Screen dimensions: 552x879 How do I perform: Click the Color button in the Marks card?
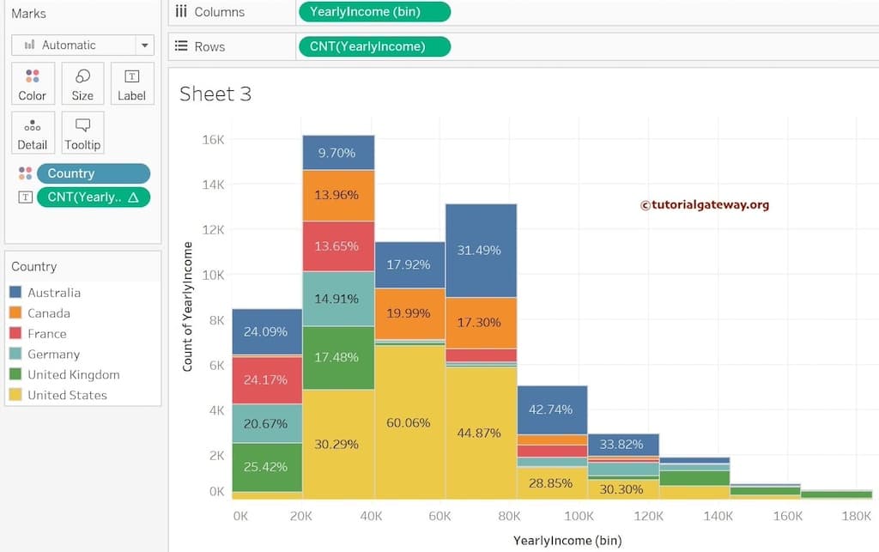pyautogui.click(x=33, y=84)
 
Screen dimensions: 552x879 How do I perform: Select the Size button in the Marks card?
pyautogui.click(x=82, y=84)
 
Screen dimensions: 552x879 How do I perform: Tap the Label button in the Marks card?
pyautogui.click(x=131, y=84)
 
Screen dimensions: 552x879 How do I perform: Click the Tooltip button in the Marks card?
pyautogui.click(x=82, y=133)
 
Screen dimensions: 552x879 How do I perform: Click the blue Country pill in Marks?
pyautogui.click(x=93, y=173)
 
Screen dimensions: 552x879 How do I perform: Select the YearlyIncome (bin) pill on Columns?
pyautogui.click(x=373, y=12)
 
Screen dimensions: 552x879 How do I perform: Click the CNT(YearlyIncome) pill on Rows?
pyautogui.click(x=373, y=46)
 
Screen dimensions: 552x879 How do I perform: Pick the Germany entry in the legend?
pyautogui.click(x=53, y=354)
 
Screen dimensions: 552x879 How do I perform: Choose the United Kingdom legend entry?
pyautogui.click(x=73, y=374)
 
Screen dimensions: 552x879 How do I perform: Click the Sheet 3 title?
pyautogui.click(x=215, y=94)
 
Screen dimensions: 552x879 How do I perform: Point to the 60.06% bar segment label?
pyautogui.click(x=409, y=423)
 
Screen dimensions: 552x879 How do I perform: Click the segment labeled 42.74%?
pyautogui.click(x=551, y=409)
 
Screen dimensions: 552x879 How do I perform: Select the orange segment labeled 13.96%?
pyautogui.click(x=337, y=196)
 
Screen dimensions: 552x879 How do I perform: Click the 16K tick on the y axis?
pyautogui.click(x=213, y=139)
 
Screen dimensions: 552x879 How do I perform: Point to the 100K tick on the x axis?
pyautogui.click(x=579, y=516)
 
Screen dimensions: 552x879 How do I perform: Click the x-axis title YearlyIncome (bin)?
pyautogui.click(x=567, y=540)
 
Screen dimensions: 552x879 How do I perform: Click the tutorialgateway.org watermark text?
pyautogui.click(x=705, y=205)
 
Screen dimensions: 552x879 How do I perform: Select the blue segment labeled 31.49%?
pyautogui.click(x=480, y=250)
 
